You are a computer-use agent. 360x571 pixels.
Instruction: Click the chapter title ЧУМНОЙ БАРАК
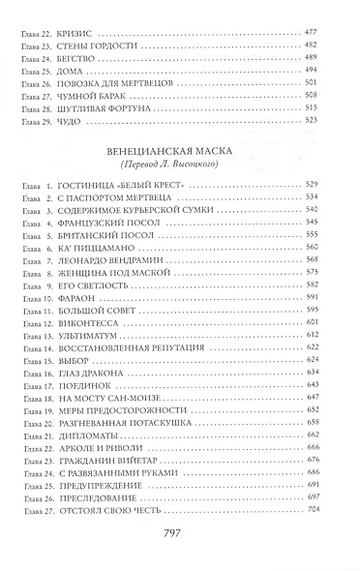(x=95, y=106)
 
